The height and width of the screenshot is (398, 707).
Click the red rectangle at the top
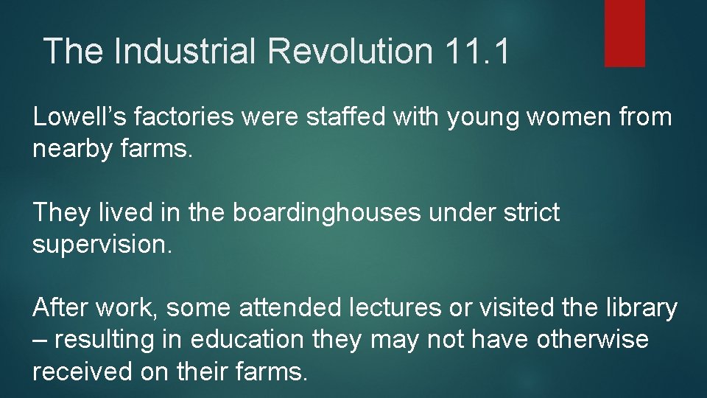pyautogui.click(x=625, y=33)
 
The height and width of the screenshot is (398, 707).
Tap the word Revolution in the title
pyautogui.click(x=351, y=52)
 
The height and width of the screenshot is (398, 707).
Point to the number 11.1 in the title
pyautogui.click(x=476, y=52)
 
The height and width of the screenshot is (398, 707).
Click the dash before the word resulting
pyautogui.click(x=40, y=341)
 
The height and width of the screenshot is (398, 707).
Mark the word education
pyautogui.click(x=247, y=341)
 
